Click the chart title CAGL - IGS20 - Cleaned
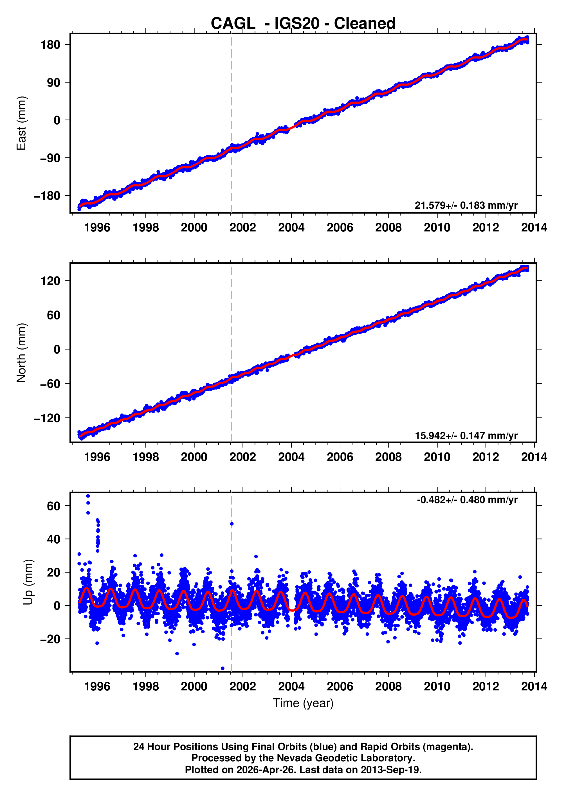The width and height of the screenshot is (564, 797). tap(303, 24)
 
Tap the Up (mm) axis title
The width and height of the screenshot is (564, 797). tap(28, 582)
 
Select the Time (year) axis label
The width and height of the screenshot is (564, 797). tap(303, 703)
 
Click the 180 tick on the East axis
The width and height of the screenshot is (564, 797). tap(50, 45)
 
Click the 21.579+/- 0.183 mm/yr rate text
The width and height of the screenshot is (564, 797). tap(466, 206)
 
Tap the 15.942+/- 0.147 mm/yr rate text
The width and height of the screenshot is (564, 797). tap(466, 435)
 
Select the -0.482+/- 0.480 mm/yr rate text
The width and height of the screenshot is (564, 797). tap(467, 500)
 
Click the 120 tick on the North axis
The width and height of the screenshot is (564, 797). tap(50, 281)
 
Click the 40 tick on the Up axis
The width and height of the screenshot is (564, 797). tap(53, 539)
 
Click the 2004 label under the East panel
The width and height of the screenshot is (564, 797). tap(291, 228)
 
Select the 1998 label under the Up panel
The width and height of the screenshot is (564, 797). tap(145, 686)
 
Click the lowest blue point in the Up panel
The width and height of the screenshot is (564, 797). tap(223, 668)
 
